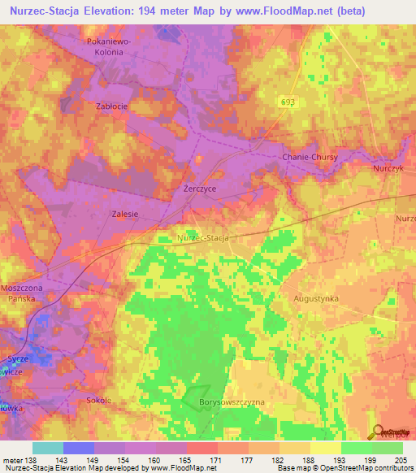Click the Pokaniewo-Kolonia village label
pos(106,46)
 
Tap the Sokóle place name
pos(98,401)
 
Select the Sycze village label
pos(17,358)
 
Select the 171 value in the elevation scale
pos(216,460)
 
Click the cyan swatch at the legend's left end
pos(48,448)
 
